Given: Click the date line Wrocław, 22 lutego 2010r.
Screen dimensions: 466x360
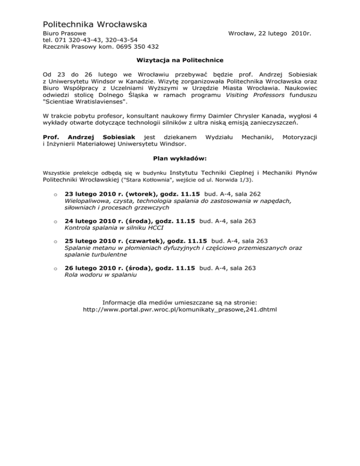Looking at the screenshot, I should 270,34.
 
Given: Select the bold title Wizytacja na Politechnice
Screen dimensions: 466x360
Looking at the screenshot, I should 180,60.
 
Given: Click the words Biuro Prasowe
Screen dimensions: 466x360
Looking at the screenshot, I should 64,34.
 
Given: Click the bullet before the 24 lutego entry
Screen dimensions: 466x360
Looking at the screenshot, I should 55,222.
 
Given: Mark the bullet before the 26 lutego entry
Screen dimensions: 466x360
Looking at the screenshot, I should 55,269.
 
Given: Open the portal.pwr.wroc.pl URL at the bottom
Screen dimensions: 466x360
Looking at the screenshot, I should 180,310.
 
